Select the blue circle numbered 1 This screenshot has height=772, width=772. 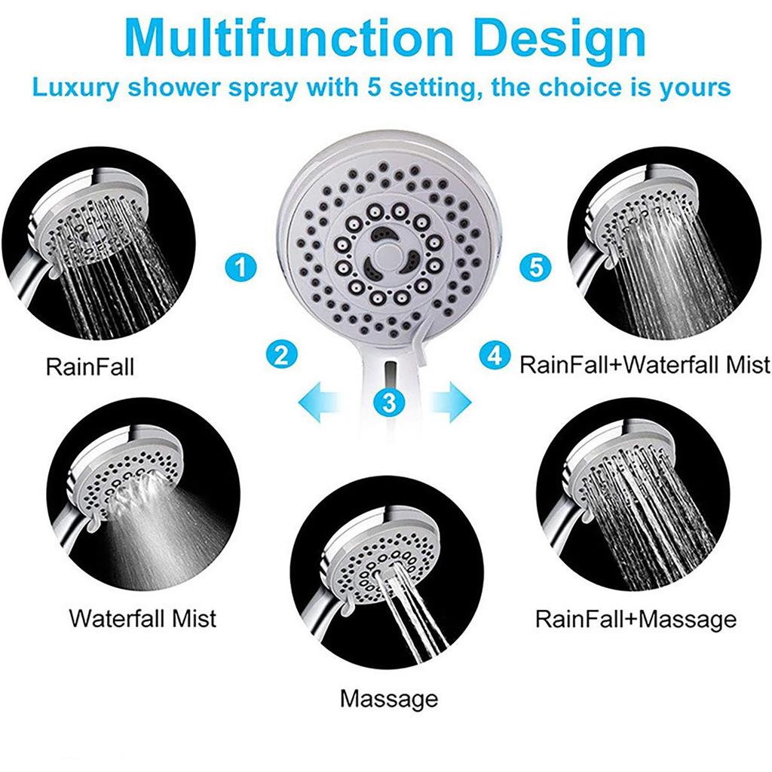tap(241, 266)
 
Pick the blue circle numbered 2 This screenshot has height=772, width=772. tap(281, 354)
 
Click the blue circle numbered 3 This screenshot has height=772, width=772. tap(389, 401)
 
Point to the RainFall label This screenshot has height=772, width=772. tap(90, 368)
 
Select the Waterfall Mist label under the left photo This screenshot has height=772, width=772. tap(142, 618)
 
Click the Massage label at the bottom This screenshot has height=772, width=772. tap(388, 698)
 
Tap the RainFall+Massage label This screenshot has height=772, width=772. tap(636, 619)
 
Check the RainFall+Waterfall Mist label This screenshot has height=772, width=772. tap(645, 365)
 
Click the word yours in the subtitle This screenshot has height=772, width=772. tap(695, 87)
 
